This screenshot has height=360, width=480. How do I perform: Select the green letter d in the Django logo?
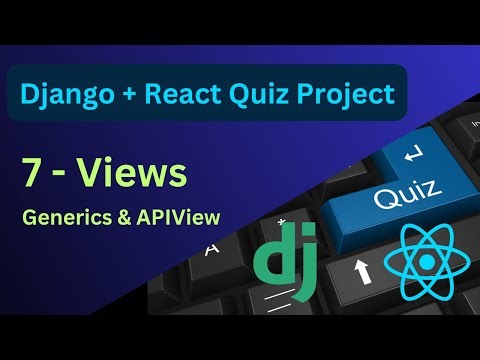click(x=270, y=259)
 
